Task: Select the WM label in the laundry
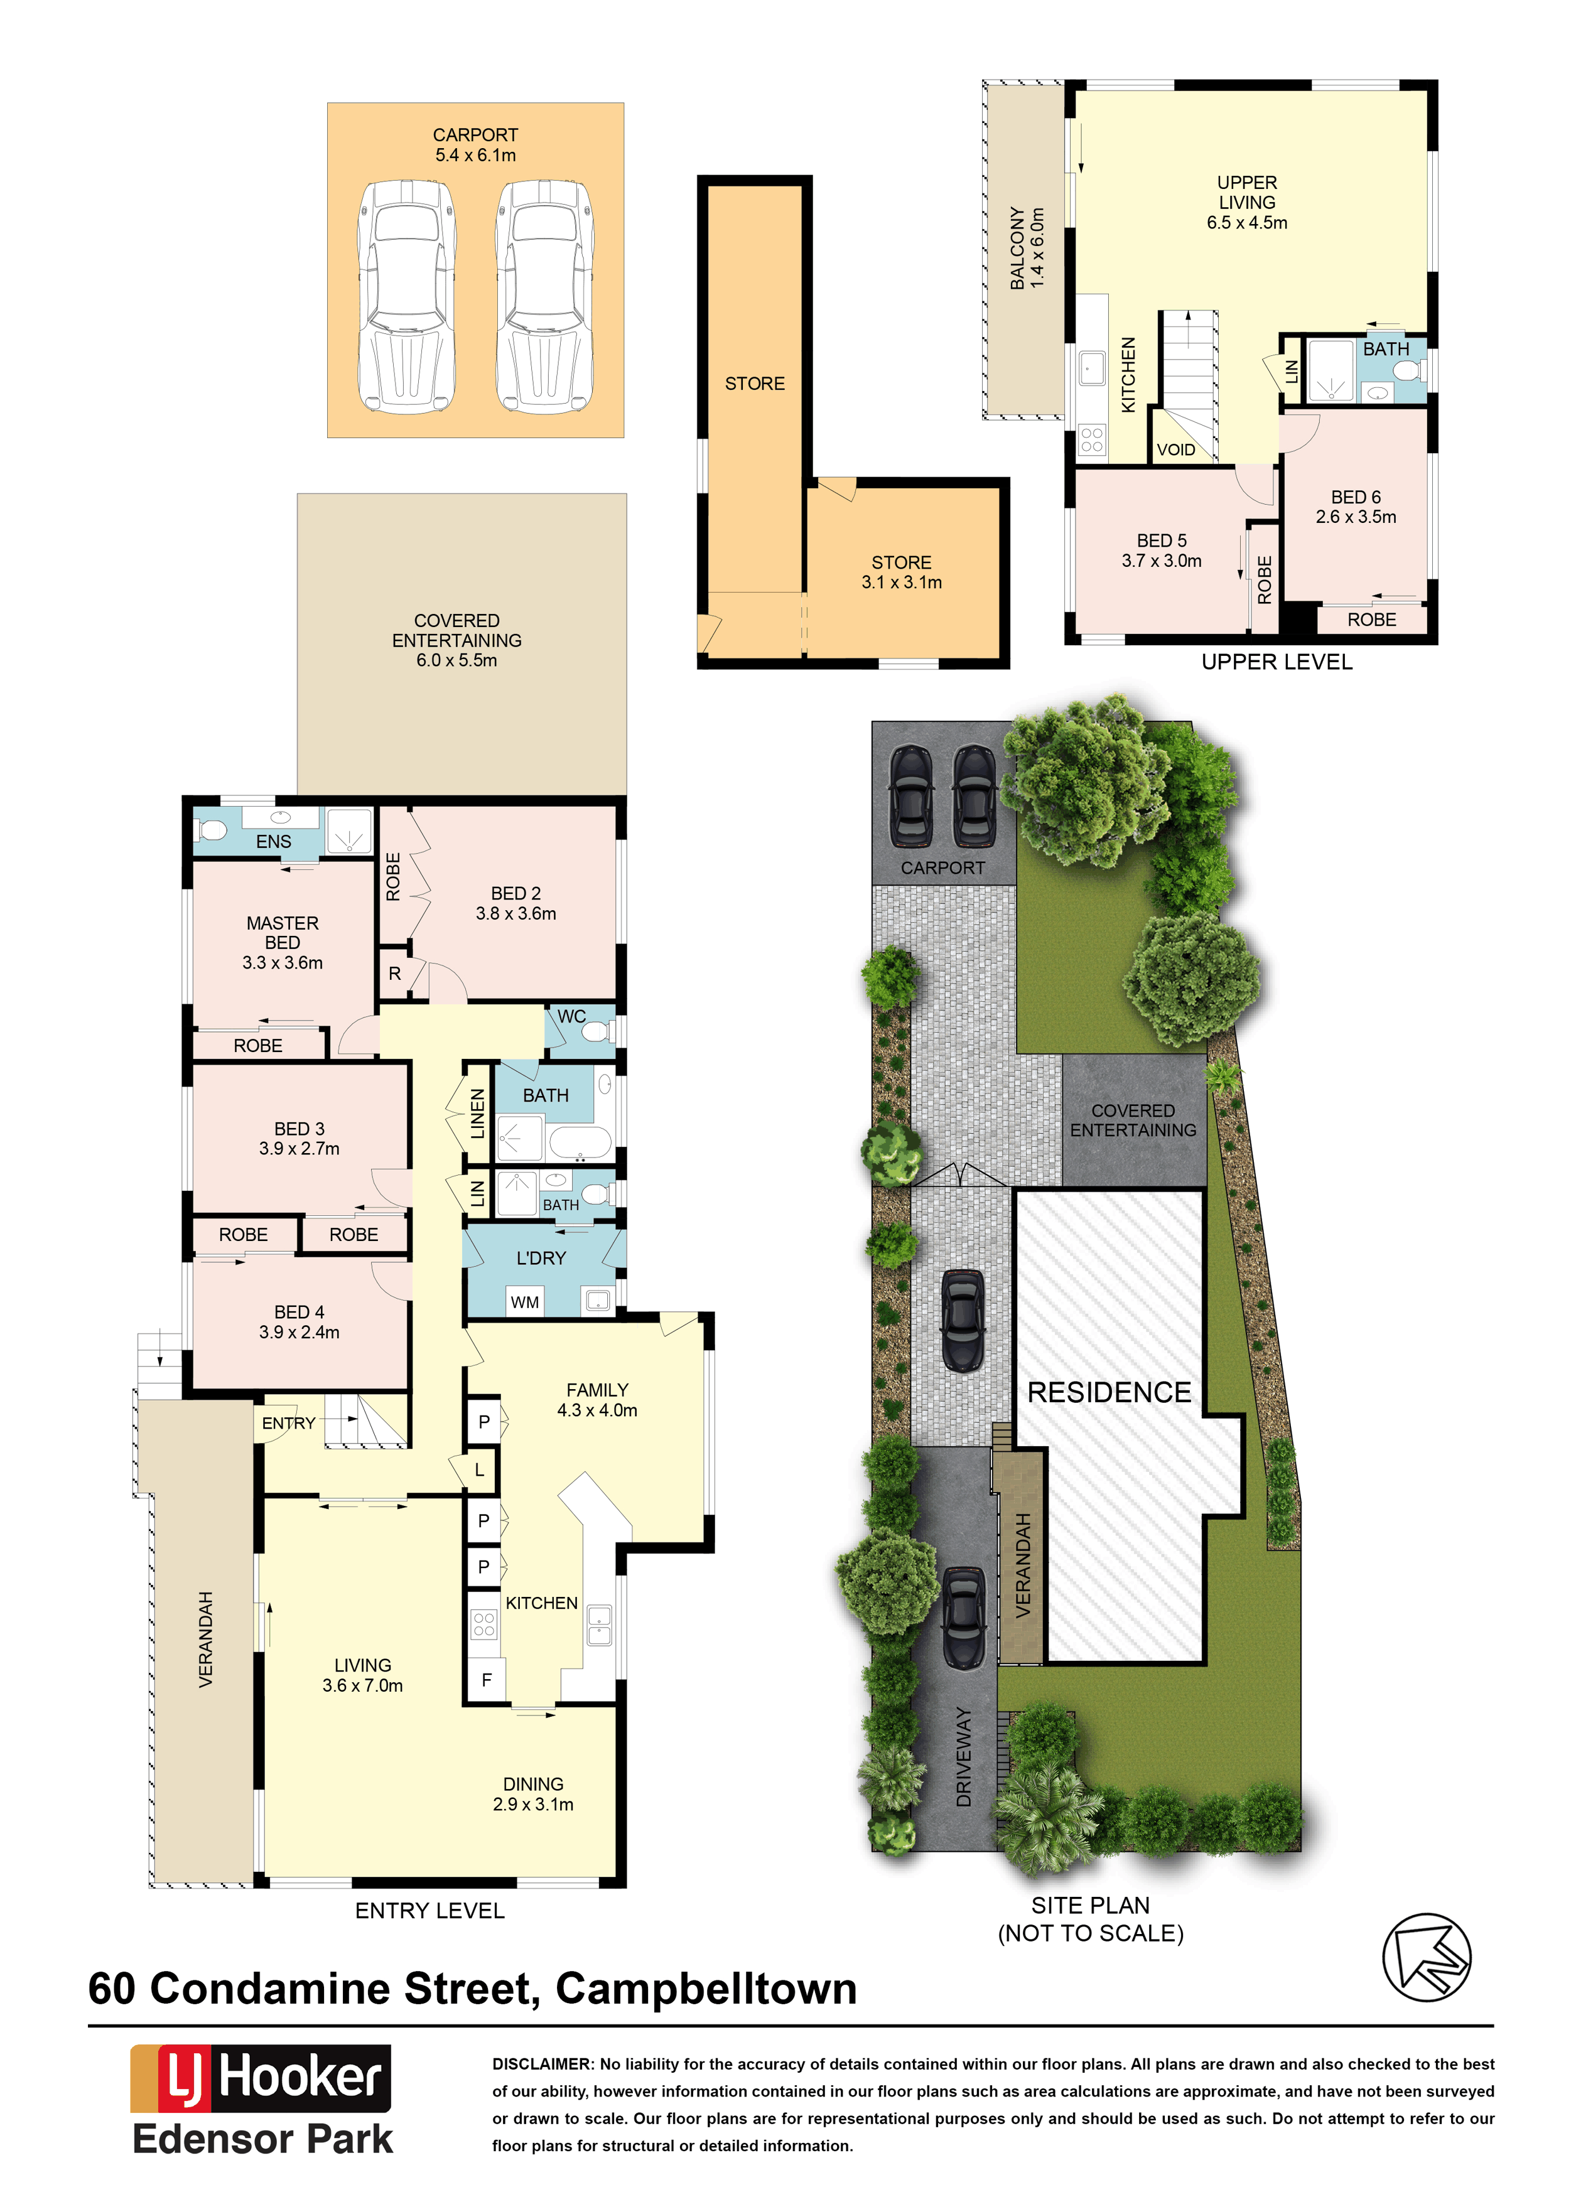click(x=524, y=1302)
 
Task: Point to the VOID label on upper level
click(x=1175, y=449)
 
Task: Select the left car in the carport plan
click(x=406, y=297)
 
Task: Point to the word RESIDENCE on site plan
click(x=1109, y=1392)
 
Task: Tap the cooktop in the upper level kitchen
click(x=1092, y=440)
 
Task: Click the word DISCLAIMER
click(x=543, y=2064)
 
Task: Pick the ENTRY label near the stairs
click(x=288, y=1422)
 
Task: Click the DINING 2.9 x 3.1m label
click(x=533, y=1794)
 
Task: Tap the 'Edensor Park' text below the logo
click(x=263, y=2139)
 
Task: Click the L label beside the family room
click(x=479, y=1470)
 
